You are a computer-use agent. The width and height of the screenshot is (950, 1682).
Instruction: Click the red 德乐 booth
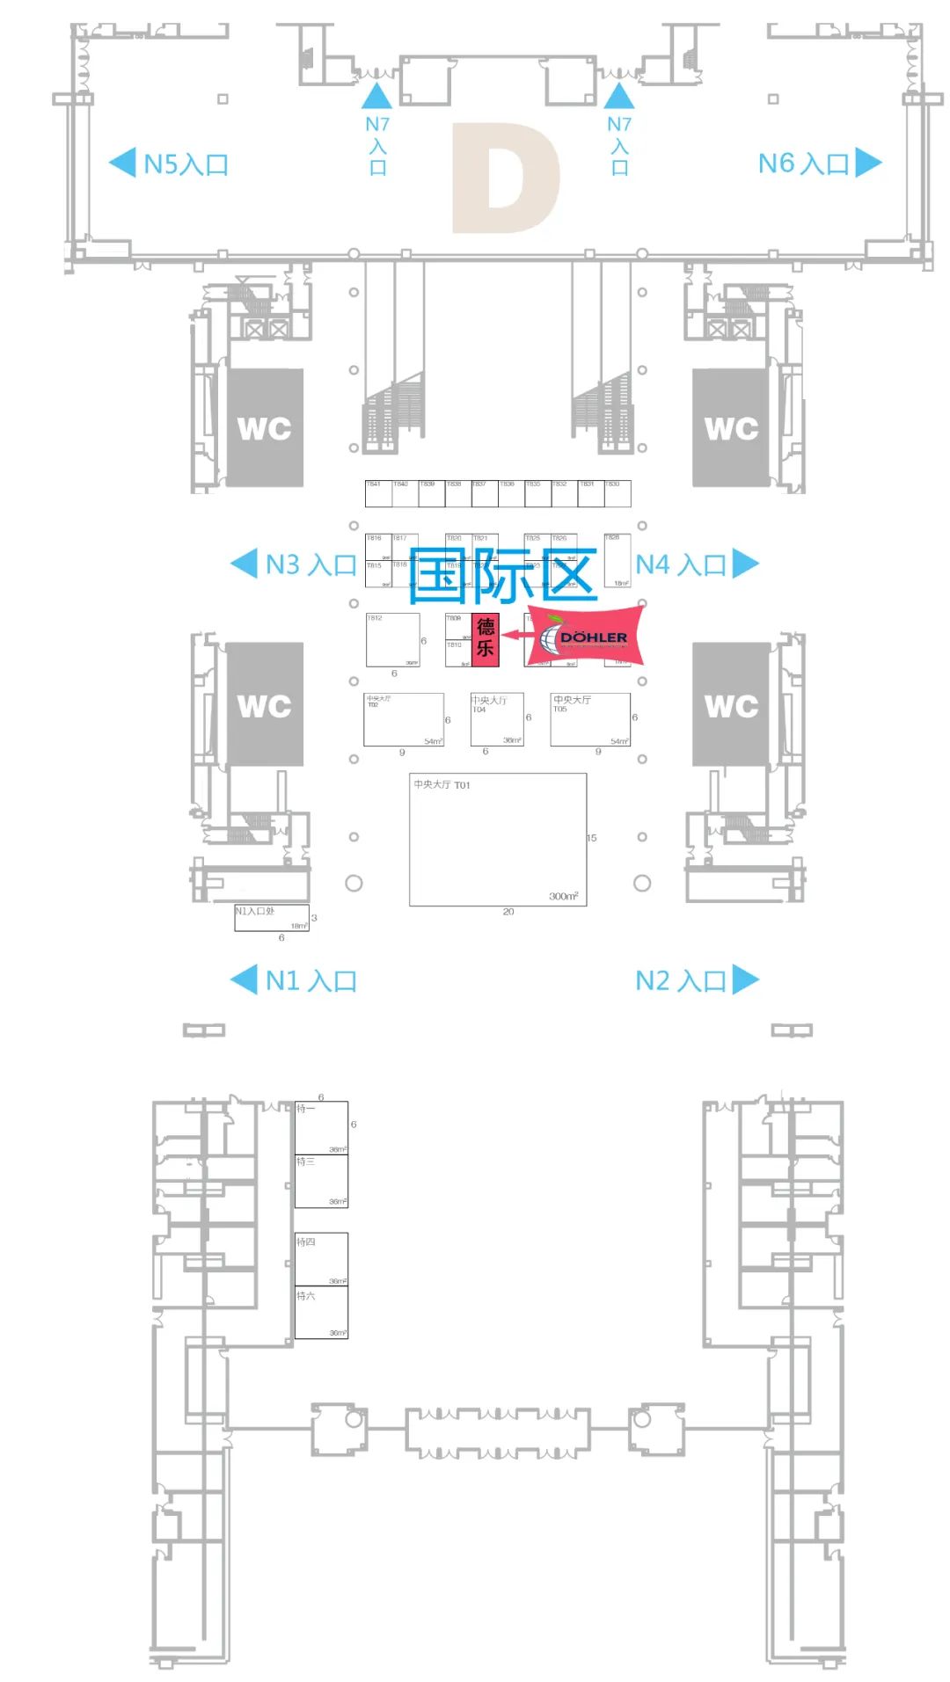point(486,639)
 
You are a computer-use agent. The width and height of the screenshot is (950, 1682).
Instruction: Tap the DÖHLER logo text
point(594,637)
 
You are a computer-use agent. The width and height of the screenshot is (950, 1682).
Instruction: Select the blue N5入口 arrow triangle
point(122,163)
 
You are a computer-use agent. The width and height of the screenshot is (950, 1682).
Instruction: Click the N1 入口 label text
point(311,980)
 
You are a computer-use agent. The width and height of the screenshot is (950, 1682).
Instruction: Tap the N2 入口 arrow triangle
point(744,979)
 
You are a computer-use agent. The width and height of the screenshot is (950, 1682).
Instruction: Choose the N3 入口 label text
point(311,564)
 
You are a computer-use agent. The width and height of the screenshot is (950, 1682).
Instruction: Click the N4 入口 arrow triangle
point(744,564)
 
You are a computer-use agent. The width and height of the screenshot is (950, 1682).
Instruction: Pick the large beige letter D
point(506,178)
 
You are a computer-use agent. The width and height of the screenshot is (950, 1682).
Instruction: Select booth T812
point(392,639)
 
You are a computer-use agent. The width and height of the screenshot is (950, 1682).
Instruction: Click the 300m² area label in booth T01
point(564,896)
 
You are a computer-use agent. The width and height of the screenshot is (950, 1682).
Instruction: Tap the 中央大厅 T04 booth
point(497,719)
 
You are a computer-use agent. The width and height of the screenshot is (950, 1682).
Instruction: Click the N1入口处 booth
point(271,917)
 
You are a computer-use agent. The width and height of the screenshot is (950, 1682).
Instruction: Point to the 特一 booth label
point(305,1109)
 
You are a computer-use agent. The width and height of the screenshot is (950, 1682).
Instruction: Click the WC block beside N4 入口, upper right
point(731,428)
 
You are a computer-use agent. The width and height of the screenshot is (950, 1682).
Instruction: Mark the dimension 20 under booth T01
point(508,912)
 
